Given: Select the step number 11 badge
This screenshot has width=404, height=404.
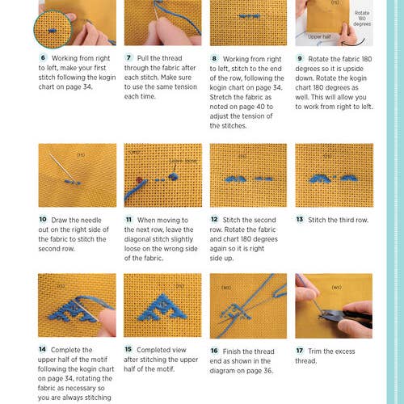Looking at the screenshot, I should click(x=129, y=219).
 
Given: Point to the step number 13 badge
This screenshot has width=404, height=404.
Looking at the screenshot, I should click(x=301, y=219).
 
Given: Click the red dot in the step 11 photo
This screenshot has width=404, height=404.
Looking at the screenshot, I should click(x=140, y=179).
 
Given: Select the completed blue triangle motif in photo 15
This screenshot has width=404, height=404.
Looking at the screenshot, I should click(x=162, y=304).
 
